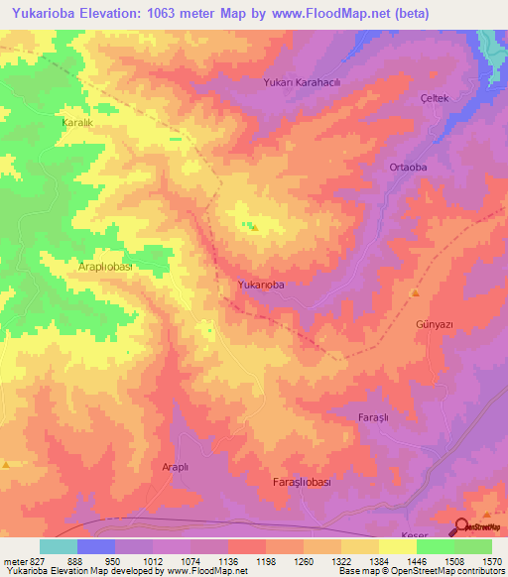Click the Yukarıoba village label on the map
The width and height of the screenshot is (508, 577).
262,285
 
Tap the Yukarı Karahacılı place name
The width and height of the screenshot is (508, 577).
302,83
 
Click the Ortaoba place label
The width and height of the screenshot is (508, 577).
408,168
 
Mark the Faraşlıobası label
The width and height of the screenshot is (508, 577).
307,481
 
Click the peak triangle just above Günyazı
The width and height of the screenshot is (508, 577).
415,293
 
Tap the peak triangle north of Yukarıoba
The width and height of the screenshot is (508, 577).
253,227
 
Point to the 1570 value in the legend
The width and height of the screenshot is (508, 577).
491,560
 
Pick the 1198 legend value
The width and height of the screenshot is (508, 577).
266,560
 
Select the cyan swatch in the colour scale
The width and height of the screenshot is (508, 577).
58,546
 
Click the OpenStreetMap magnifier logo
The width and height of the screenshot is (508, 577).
462,529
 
